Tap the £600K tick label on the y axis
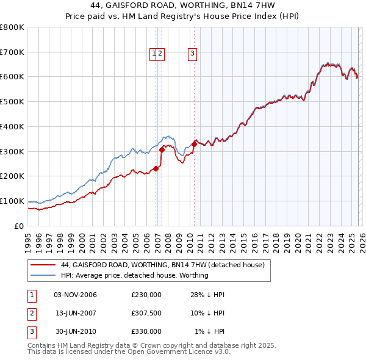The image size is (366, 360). pos(12,77)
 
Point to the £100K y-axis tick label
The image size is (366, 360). pos(12,201)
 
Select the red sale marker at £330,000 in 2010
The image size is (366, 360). pos(195,144)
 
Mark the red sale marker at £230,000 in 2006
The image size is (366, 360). pos(156,169)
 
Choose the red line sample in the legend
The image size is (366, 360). pos(43,265)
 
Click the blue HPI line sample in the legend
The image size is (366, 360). pos(43,275)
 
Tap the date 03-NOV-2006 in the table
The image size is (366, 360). pos(76,295)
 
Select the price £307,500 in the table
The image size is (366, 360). pos(146,313)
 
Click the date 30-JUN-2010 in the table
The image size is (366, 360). pos(76,331)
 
